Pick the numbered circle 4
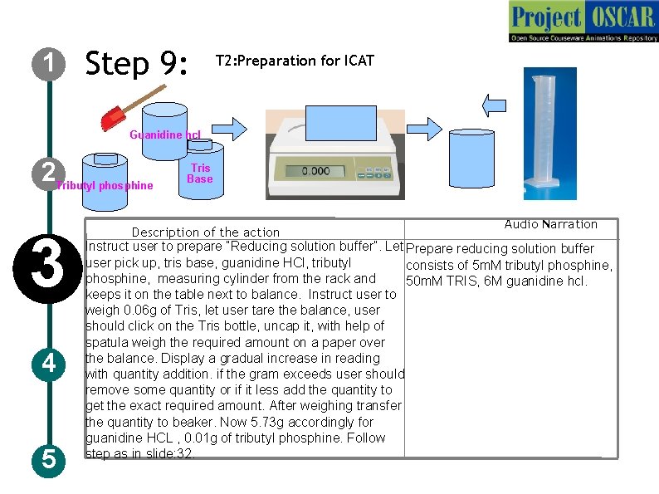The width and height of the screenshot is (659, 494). pyautogui.click(x=51, y=364)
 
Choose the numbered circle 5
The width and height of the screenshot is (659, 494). pyautogui.click(x=51, y=458)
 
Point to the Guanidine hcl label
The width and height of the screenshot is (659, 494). pyautogui.click(x=165, y=135)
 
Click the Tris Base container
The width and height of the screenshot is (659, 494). pyautogui.click(x=199, y=172)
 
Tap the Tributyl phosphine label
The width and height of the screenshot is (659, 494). pyautogui.click(x=105, y=185)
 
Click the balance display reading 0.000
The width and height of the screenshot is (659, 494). pyautogui.click(x=315, y=171)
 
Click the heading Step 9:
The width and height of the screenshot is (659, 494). pyautogui.click(x=138, y=64)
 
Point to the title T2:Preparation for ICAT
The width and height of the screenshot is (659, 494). pyautogui.click(x=295, y=61)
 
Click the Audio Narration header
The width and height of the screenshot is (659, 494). pyautogui.click(x=550, y=224)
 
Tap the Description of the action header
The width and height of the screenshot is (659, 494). pyautogui.click(x=206, y=232)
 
